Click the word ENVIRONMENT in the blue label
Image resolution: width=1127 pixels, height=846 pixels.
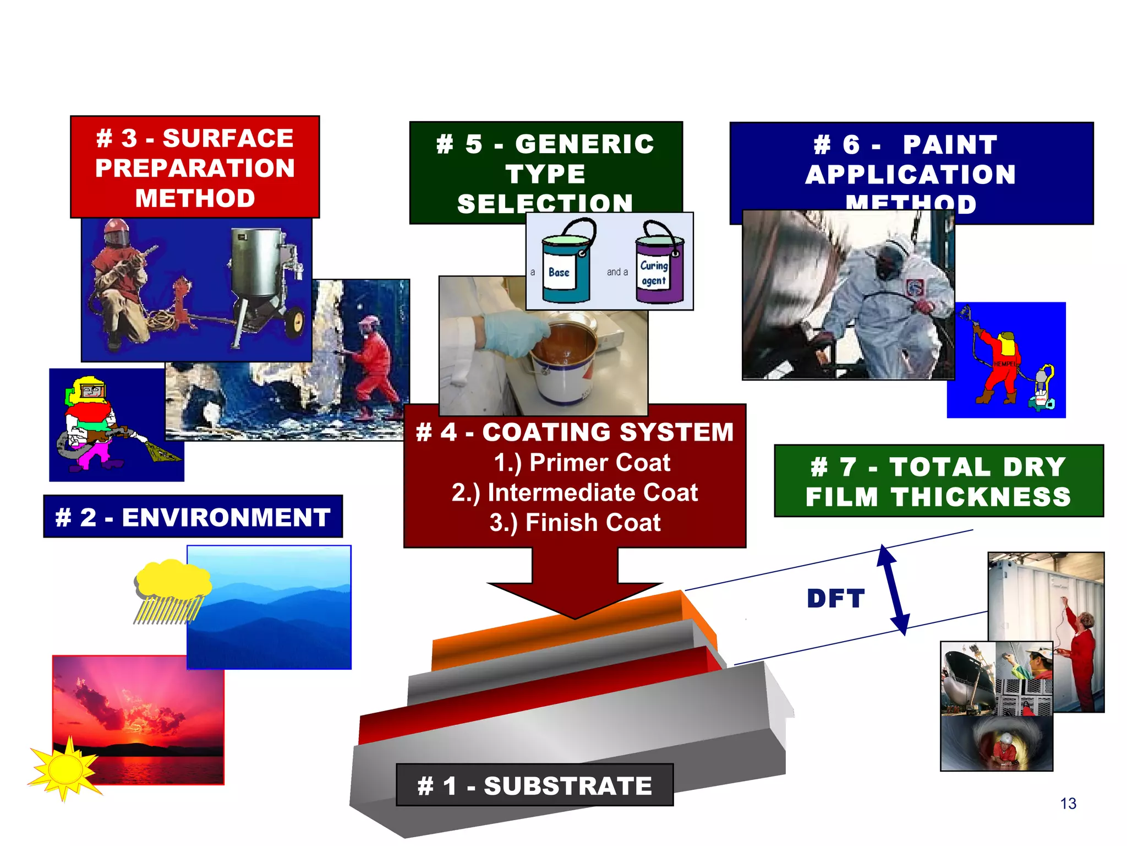[x=226, y=518]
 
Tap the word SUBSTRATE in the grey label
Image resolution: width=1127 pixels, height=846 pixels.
[x=567, y=786]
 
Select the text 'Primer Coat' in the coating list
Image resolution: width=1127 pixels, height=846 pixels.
[x=599, y=463]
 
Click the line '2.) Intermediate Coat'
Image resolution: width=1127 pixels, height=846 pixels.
[x=575, y=492]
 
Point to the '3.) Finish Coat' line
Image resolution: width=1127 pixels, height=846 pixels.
[x=575, y=523]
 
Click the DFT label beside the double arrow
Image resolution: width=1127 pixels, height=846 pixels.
[x=836, y=599]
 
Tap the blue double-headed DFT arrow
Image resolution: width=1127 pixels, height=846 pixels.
[x=893, y=589]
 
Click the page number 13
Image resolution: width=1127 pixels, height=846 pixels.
[x=1068, y=804]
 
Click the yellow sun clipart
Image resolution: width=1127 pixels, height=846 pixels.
[x=65, y=767]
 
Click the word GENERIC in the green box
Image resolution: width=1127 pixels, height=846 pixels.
[x=584, y=144]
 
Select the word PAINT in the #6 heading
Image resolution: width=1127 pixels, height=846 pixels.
[x=950, y=145]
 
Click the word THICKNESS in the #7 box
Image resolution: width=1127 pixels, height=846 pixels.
[x=981, y=497]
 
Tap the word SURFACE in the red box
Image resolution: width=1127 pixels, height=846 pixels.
[x=228, y=138]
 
